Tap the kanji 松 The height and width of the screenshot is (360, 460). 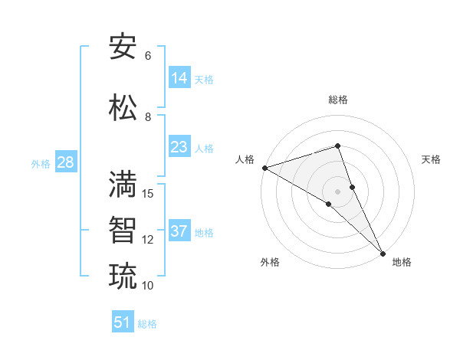click(x=123, y=107)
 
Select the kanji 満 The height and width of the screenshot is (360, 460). click(x=123, y=184)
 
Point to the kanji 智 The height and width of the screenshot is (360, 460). click(x=123, y=230)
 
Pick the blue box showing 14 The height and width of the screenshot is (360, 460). click(x=179, y=77)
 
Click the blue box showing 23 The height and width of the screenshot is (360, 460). click(x=179, y=147)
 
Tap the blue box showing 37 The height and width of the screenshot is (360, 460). click(x=179, y=231)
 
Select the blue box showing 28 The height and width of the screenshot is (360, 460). click(x=65, y=162)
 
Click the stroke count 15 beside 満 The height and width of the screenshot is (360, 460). click(x=148, y=194)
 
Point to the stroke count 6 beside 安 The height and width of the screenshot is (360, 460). click(x=148, y=56)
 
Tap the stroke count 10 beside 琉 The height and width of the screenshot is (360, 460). click(x=148, y=286)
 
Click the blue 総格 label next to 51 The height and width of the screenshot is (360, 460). click(x=147, y=324)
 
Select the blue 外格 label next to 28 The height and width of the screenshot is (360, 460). click(x=41, y=163)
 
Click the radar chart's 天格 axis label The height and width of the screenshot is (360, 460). click(x=431, y=159)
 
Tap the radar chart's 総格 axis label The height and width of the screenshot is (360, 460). click(x=337, y=100)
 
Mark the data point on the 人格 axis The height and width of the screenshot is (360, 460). click(x=264, y=168)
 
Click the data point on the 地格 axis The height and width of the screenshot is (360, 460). click(x=383, y=253)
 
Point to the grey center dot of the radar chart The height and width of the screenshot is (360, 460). click(x=337, y=191)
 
